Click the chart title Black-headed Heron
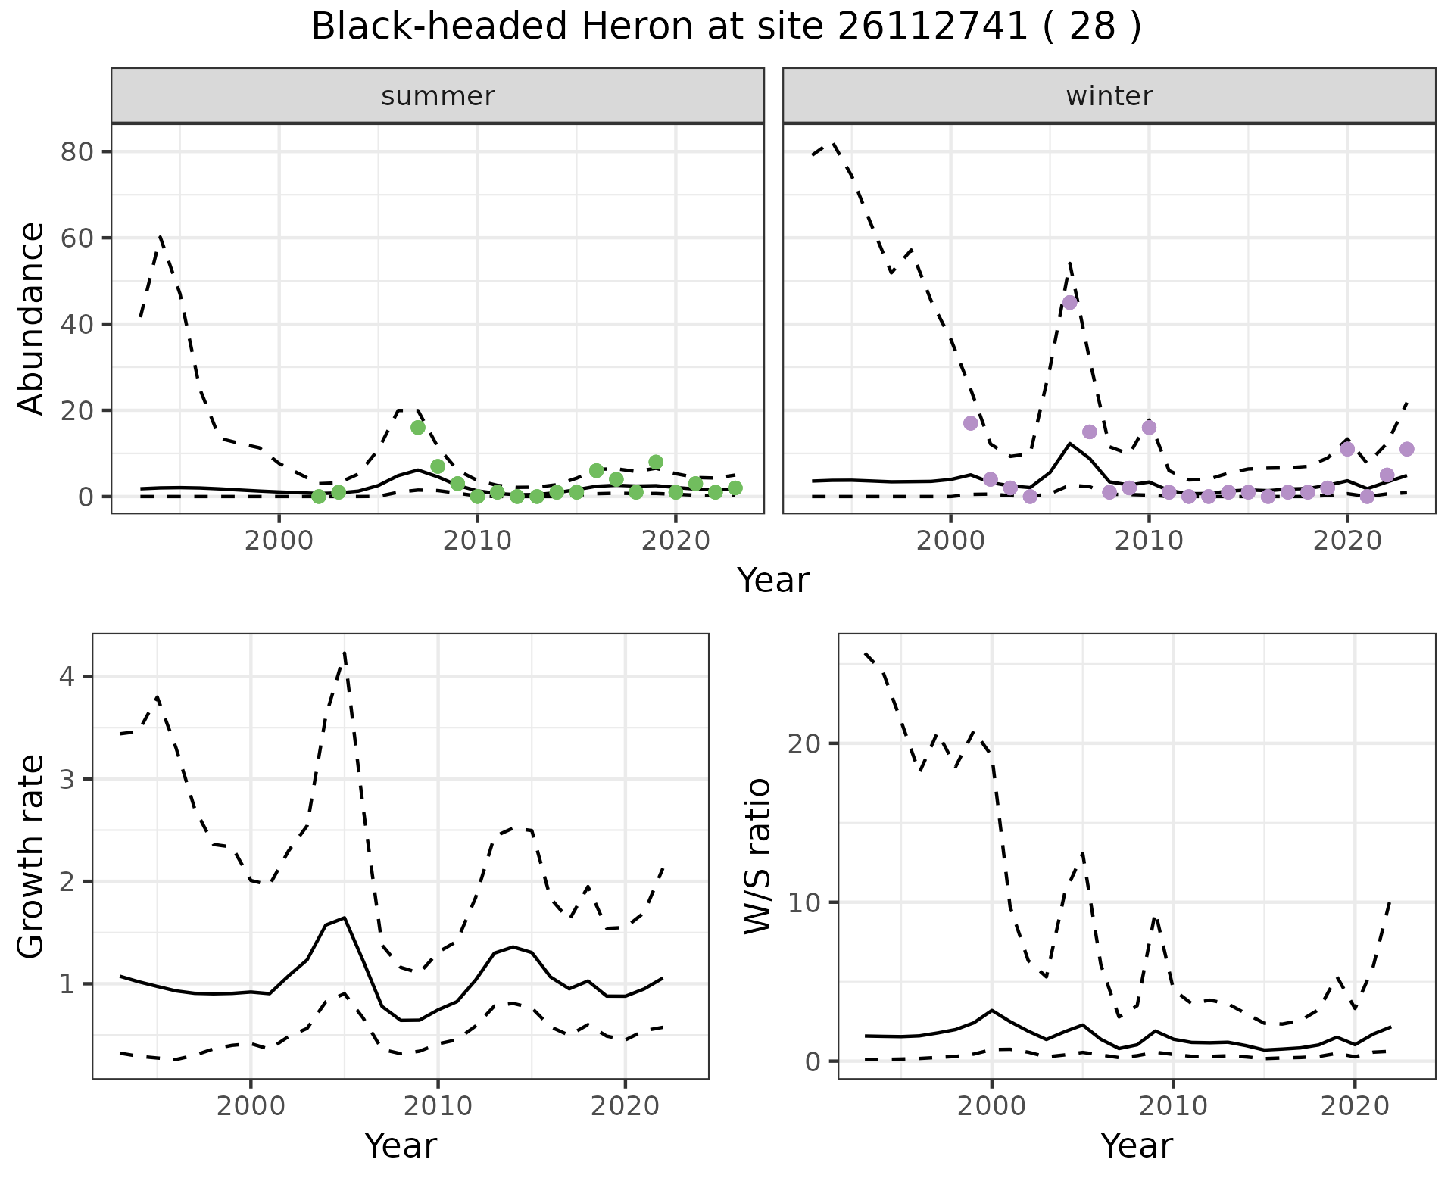tap(725, 27)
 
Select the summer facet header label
tap(438, 96)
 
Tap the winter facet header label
tap(1109, 96)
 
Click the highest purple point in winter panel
tap(1069, 302)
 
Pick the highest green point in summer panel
tap(418, 428)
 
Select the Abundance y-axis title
tap(32, 318)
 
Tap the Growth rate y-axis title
tap(32, 856)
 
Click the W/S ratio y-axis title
tap(758, 856)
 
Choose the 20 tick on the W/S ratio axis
tap(804, 743)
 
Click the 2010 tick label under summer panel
tap(477, 541)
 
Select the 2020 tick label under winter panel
tap(1347, 541)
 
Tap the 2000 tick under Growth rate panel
tap(251, 1106)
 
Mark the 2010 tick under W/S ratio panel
tap(1173, 1106)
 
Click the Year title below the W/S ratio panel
tap(1137, 1146)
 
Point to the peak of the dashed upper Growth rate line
tap(345, 652)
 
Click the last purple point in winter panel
tap(1407, 449)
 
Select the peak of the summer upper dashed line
tap(161, 237)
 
